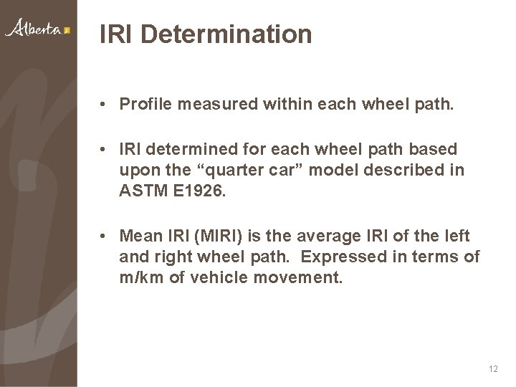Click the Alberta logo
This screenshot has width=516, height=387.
(x=37, y=29)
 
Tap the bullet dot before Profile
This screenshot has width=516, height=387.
(x=105, y=105)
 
